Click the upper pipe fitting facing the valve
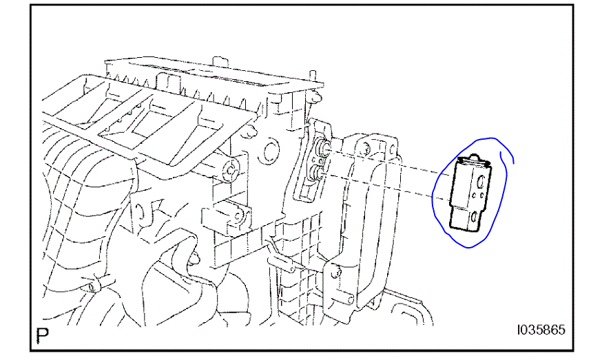[322, 148]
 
